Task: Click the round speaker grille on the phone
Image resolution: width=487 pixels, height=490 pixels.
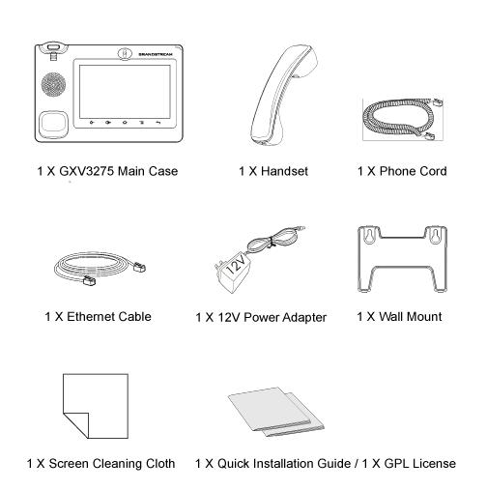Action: point(53,84)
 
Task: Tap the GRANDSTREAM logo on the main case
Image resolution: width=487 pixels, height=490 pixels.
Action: point(156,54)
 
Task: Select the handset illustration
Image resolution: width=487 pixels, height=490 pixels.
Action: point(283,95)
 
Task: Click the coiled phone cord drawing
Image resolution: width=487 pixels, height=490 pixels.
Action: point(403,119)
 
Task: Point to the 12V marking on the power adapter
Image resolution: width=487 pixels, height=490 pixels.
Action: point(236,265)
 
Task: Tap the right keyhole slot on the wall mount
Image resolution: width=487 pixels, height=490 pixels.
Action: point(436,236)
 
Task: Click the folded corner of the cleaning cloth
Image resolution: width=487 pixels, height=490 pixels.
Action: point(76,425)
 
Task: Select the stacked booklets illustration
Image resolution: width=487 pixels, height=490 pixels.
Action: point(276,412)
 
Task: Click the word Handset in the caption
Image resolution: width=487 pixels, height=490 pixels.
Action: point(285,171)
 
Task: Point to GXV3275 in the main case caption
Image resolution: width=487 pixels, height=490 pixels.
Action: point(86,171)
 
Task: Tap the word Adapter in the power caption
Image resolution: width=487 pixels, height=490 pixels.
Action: point(301,318)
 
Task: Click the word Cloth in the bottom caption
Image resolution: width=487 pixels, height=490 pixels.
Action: point(160,464)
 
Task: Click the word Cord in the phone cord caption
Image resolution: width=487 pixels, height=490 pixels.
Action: point(433,171)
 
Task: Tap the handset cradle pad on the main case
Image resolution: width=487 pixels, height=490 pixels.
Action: point(53,123)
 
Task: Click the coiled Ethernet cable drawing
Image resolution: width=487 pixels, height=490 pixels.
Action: point(100,269)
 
